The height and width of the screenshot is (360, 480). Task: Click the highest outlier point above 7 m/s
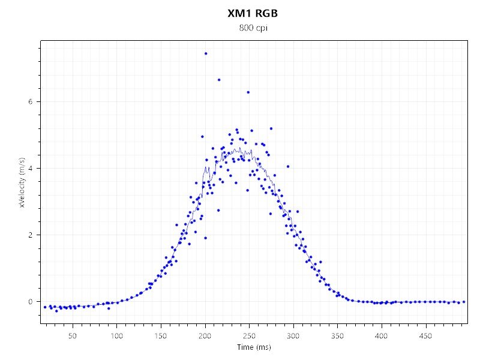coord(206,53)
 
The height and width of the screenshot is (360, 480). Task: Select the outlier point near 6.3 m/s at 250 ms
coord(248,92)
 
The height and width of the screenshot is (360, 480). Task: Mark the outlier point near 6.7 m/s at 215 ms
coord(219,80)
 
